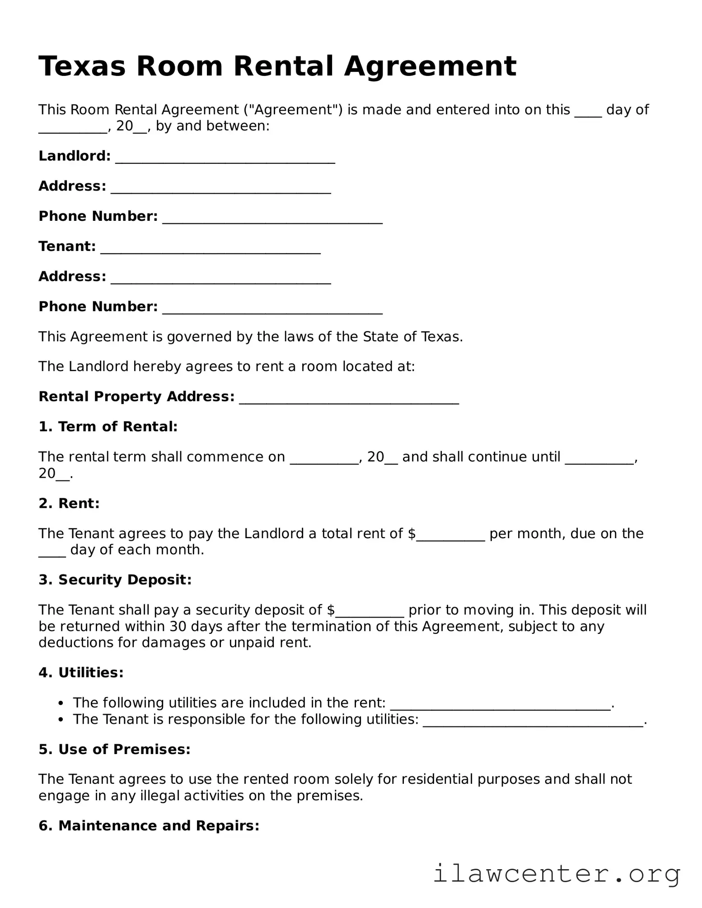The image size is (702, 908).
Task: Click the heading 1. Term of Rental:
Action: click(x=108, y=427)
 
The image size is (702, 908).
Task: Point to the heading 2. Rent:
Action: click(x=69, y=503)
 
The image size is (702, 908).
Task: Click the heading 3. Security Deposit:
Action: click(x=115, y=580)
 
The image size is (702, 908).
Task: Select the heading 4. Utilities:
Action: click(x=81, y=673)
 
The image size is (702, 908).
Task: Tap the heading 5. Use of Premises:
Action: click(x=114, y=750)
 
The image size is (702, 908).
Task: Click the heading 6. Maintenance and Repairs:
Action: click(x=149, y=826)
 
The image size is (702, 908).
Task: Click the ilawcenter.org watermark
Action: click(x=557, y=874)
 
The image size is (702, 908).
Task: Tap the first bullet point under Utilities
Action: click(x=61, y=703)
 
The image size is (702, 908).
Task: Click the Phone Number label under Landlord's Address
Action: click(x=98, y=216)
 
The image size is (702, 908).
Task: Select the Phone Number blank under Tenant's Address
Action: click(x=272, y=311)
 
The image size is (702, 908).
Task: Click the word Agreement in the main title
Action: click(x=430, y=66)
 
